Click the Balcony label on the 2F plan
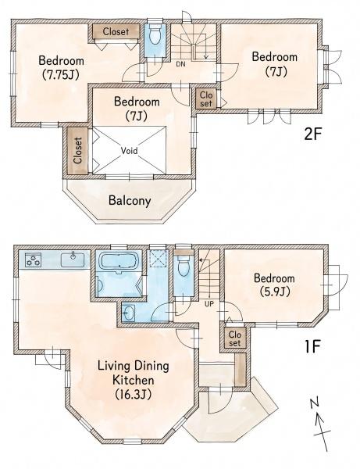click(130, 201)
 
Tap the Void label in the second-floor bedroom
click(130, 150)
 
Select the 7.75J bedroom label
click(61, 67)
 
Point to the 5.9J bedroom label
click(274, 285)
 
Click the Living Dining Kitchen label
click(134, 380)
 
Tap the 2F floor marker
click(312, 135)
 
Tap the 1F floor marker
click(312, 346)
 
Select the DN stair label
click(180, 64)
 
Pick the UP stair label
click(209, 304)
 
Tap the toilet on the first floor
click(184, 265)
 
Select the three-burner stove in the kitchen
click(33, 260)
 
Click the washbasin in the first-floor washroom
click(129, 313)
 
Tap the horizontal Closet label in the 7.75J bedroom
click(116, 31)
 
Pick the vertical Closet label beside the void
click(77, 150)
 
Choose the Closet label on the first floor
click(234, 338)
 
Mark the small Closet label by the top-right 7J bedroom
click(206, 99)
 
